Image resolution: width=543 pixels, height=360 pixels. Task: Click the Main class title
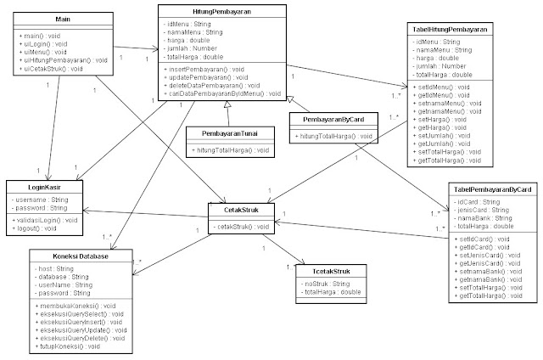[x=60, y=17]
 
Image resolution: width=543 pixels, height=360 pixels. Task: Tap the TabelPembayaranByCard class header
[x=492, y=189]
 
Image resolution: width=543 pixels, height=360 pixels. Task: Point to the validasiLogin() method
[x=48, y=219]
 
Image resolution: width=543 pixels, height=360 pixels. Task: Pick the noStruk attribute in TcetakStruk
[x=320, y=284]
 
